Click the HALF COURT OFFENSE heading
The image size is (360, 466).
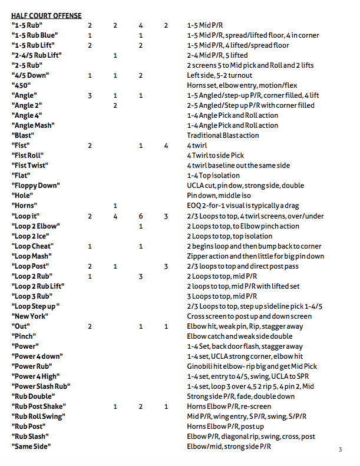(x=47, y=15)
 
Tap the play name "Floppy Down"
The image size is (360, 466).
(x=35, y=186)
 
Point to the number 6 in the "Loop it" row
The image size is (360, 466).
(x=141, y=216)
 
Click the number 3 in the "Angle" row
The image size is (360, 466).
(x=90, y=95)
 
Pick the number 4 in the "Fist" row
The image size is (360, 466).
(x=166, y=146)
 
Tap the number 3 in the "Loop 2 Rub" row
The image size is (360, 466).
(x=141, y=276)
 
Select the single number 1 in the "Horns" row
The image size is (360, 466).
(x=115, y=206)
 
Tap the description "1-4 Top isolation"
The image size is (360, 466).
(x=213, y=176)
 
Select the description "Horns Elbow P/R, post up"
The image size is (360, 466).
(x=226, y=427)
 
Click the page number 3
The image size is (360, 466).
(x=340, y=450)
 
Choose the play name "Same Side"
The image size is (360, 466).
(x=31, y=447)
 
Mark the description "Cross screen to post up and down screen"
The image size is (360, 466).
(x=249, y=316)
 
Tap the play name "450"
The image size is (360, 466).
(x=21, y=85)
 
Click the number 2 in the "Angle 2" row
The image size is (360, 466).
(x=115, y=105)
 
